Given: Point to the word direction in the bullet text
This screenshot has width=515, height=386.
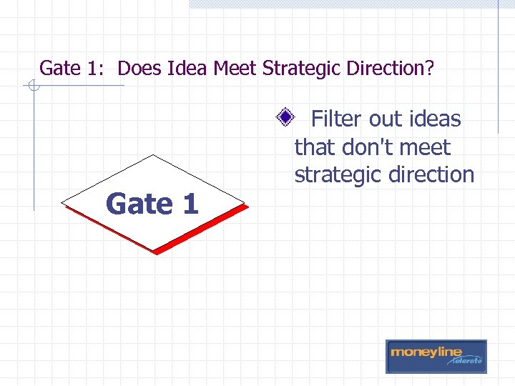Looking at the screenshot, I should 432,174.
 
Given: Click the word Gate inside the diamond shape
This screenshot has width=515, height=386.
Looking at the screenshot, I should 138,204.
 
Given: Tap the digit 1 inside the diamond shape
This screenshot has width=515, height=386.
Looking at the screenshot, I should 190,204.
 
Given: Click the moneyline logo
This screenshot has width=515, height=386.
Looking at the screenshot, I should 436,355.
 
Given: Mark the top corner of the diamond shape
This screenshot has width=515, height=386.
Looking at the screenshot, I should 153,155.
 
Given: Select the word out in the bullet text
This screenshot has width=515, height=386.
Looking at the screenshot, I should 386,119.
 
